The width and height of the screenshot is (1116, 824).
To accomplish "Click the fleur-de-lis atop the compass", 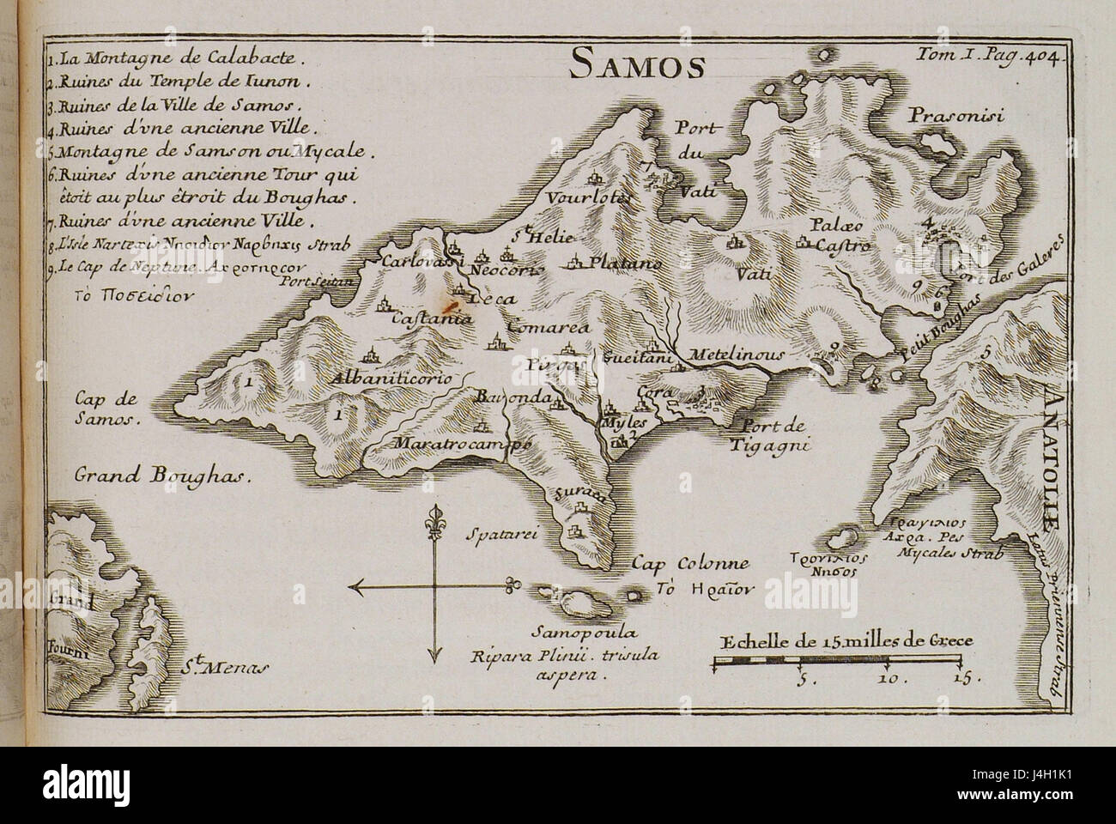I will [x=434, y=521].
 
